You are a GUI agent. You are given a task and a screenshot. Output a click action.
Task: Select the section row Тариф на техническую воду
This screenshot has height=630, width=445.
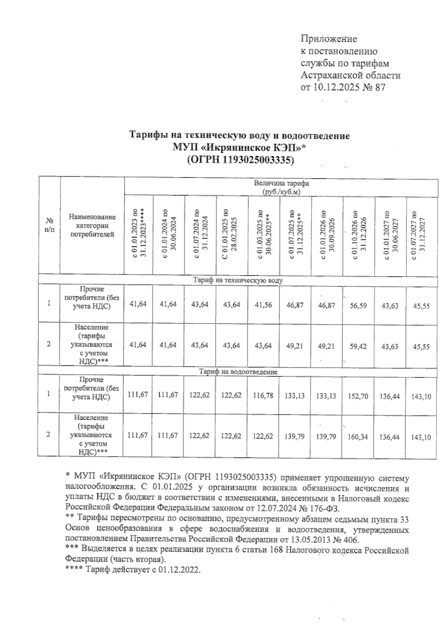tap(238, 280)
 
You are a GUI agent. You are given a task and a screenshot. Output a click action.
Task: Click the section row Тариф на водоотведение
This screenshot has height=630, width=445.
tap(238, 371)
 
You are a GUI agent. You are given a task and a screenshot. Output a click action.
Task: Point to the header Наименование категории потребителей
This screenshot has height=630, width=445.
tap(92, 225)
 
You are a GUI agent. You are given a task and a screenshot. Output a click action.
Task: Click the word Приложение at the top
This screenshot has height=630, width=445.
tap(329, 39)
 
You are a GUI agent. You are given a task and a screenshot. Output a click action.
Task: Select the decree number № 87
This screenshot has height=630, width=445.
tap(375, 88)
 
